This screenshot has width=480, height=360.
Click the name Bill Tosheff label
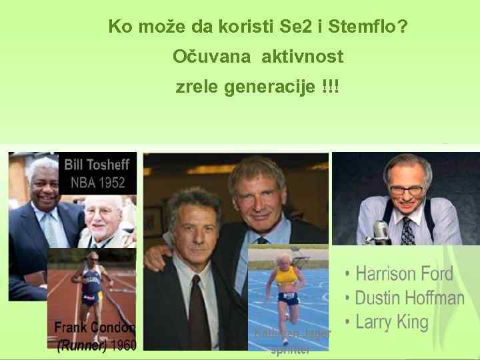tap(97, 164)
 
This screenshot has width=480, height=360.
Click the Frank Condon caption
tap(94, 328)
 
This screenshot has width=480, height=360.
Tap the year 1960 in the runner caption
tap(123, 345)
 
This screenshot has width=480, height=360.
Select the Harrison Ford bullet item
tap(404, 273)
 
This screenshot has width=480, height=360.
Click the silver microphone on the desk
tap(381, 232)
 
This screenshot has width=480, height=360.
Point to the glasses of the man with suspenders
tap(407, 189)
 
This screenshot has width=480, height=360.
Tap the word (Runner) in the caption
tap(81, 345)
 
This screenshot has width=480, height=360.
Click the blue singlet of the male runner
tap(93, 284)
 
